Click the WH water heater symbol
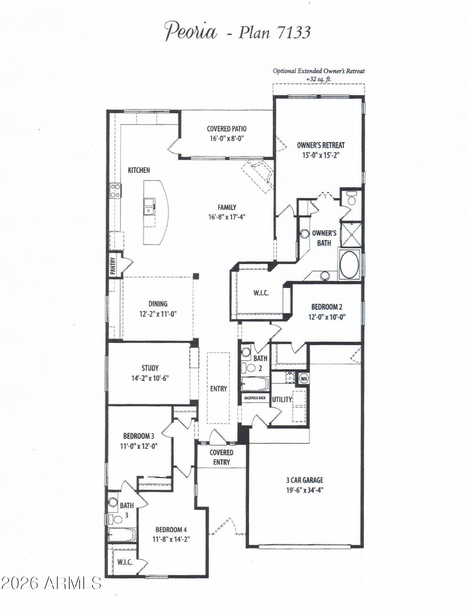tap(304, 378)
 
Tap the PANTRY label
tap(113, 266)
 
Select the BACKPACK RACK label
tap(255, 398)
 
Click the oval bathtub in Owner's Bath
tap(349, 264)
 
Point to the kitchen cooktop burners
tap(115, 191)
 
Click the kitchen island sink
tap(148, 207)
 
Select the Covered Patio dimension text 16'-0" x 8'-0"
tap(226, 138)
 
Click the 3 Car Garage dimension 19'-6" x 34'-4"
tap(305, 490)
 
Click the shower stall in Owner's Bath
tap(351, 235)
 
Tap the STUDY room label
tap(150, 368)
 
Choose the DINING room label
tap(158, 304)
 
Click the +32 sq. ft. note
tap(319, 79)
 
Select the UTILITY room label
tap(282, 399)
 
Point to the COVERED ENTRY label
tap(222, 457)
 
